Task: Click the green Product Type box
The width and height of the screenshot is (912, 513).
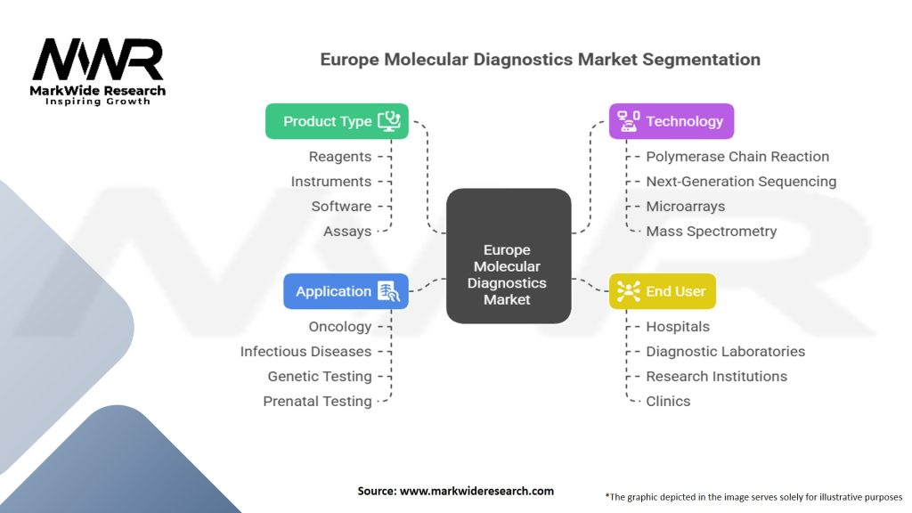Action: pos(337,121)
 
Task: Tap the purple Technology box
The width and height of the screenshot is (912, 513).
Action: pos(672,121)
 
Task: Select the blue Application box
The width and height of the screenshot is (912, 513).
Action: pos(346,291)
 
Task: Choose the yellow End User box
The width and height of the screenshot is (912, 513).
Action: pos(663,291)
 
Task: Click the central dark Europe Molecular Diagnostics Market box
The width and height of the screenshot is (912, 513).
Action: pos(509,256)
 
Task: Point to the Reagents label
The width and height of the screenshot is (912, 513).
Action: pos(339,157)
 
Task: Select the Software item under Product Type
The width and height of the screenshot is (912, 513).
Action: pos(341,207)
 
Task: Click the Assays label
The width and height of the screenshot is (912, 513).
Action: pos(347,232)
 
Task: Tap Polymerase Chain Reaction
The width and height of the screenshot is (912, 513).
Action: pos(737,157)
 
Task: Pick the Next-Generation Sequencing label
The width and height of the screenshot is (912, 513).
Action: pos(741,182)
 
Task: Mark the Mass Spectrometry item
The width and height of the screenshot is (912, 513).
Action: pos(712,232)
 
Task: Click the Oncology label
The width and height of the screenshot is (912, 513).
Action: pos(339,327)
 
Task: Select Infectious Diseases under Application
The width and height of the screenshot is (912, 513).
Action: pos(305,351)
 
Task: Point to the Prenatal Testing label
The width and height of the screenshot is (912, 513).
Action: pos(317,402)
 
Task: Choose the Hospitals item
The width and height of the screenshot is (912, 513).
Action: pos(678,327)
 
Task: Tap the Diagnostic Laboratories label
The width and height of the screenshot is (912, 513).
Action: pos(725,351)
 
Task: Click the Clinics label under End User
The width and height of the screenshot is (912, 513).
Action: pos(668,402)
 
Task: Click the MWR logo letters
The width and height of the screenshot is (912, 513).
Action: pos(98,60)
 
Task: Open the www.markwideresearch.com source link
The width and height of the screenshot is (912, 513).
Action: pos(476,491)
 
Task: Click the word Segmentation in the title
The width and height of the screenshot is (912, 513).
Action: pos(701,60)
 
